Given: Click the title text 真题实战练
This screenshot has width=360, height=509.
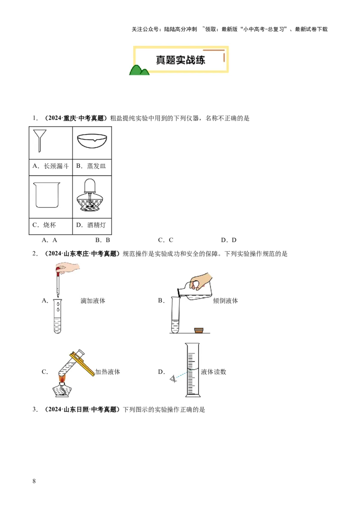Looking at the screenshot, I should (180, 60).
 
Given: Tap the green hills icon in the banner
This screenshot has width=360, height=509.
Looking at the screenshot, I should (139, 70).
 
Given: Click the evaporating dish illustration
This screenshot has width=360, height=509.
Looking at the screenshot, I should (92, 140).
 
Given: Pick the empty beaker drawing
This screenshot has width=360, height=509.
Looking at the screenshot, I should (46, 194).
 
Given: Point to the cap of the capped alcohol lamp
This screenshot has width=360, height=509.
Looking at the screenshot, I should (90, 184).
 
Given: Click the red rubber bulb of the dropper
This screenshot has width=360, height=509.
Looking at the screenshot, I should (58, 270).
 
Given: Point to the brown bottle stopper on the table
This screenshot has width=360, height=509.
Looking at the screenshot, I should (198, 330).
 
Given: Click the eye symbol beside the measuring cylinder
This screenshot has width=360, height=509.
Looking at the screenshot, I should (173, 379).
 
